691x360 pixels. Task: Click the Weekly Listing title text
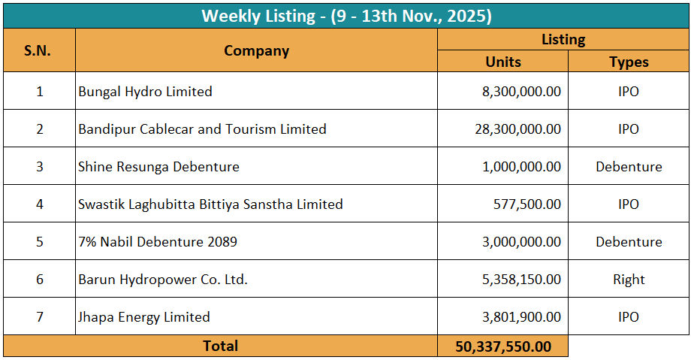[346, 16]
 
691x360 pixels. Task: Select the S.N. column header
[38, 51]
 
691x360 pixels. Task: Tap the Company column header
[256, 51]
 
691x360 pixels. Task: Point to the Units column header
[502, 62]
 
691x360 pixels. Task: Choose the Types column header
[629, 62]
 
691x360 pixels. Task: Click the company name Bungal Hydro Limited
[145, 92]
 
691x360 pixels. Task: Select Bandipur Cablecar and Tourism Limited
[202, 129]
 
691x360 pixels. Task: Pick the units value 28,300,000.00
[517, 129]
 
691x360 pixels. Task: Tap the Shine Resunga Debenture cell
[158, 167]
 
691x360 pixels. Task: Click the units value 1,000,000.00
[521, 167]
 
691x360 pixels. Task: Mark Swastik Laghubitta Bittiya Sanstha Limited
[210, 204]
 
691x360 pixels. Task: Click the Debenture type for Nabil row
[629, 242]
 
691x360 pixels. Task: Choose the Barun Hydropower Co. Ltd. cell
[163, 280]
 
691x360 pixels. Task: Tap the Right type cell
[629, 280]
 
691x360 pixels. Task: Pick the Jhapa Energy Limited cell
[144, 317]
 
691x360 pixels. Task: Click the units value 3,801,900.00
[521, 317]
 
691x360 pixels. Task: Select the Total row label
[220, 346]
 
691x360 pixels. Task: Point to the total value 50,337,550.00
[502, 346]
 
